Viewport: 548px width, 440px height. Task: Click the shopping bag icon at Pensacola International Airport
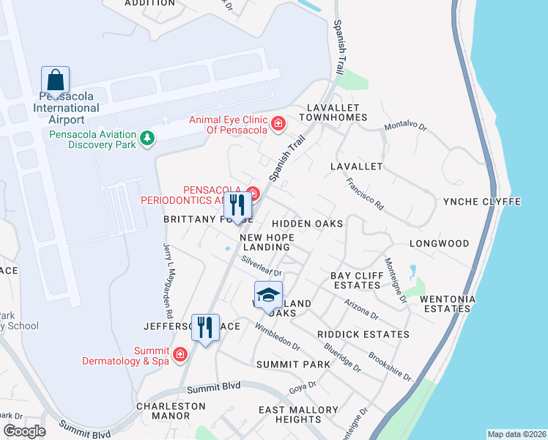point(56,78)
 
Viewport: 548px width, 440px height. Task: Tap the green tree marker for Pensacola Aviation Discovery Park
point(148,138)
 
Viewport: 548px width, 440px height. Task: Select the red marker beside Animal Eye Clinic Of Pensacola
point(278,123)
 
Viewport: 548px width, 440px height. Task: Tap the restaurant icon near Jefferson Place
point(205,326)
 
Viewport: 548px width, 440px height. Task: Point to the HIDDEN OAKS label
point(307,224)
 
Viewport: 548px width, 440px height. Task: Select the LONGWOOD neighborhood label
point(439,243)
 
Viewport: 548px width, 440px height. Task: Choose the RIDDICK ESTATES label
point(363,334)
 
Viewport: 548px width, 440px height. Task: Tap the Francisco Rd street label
point(366,194)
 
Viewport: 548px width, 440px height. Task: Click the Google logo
point(24,431)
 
